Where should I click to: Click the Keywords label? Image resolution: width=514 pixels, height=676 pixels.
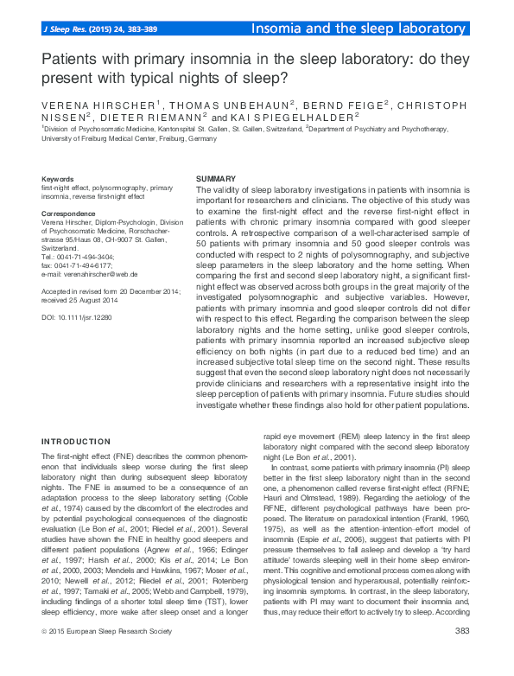click(58, 178)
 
